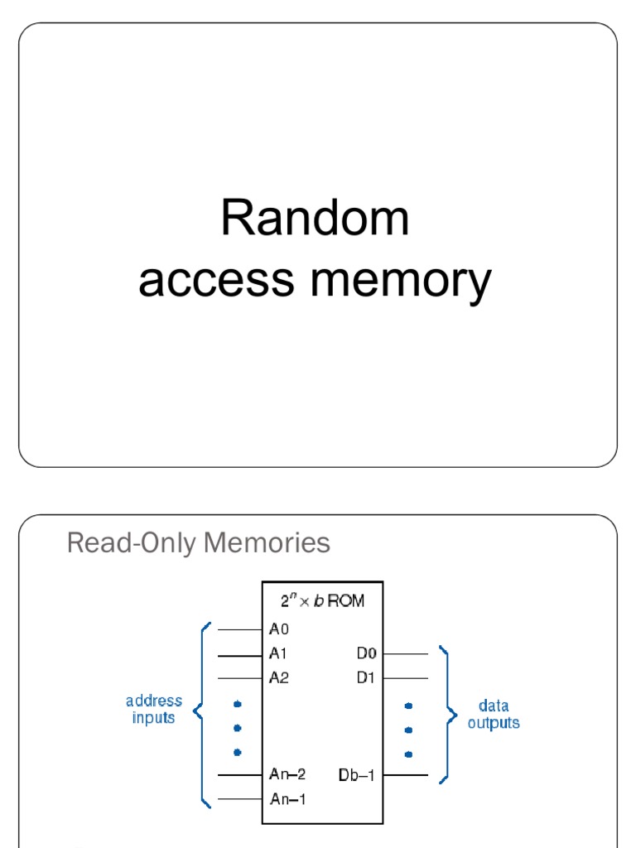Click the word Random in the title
click(x=315, y=219)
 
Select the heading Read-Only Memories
click(x=198, y=543)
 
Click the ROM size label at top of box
click(x=322, y=601)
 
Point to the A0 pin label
click(x=279, y=629)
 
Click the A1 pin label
click(x=279, y=654)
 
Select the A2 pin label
click(x=279, y=677)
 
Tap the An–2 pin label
click(x=287, y=774)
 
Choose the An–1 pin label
click(x=287, y=799)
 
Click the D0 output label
click(x=366, y=654)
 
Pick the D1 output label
click(x=366, y=677)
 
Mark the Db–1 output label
click(x=357, y=776)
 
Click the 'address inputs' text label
click(x=154, y=710)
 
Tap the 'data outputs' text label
click(x=494, y=714)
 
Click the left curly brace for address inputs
click(x=201, y=712)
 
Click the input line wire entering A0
click(x=240, y=630)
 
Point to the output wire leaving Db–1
click(x=406, y=776)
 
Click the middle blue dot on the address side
click(x=238, y=728)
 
